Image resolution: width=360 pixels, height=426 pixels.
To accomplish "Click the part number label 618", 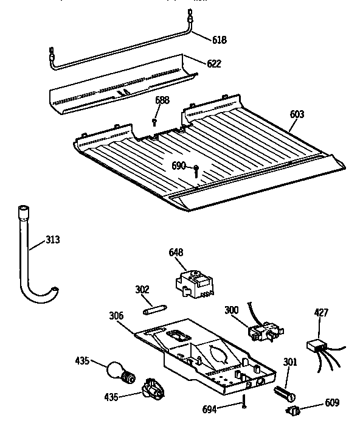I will point(219,40).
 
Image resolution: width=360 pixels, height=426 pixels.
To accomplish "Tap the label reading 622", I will point(213,63).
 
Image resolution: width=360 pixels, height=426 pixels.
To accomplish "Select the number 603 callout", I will point(297,114).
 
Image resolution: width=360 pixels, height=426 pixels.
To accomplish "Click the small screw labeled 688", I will point(156,122).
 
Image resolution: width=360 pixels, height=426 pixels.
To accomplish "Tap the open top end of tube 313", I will point(22,210).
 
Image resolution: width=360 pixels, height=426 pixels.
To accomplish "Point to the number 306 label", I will point(116,316).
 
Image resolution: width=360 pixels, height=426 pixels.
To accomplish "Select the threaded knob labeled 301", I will point(284,392).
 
